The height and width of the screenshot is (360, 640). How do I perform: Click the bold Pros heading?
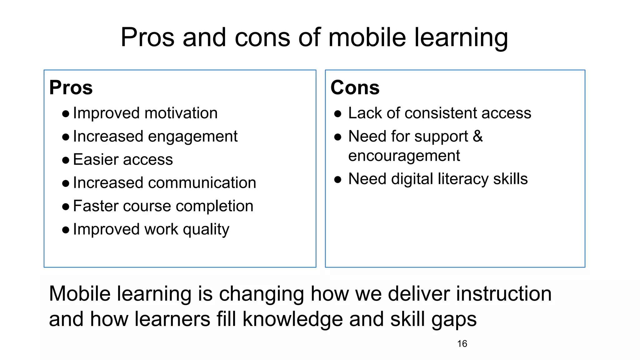[x=71, y=87]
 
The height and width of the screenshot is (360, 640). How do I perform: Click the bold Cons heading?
[x=355, y=87]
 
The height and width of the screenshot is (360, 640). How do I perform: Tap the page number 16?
[x=462, y=344]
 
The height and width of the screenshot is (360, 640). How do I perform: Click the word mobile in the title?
[x=367, y=37]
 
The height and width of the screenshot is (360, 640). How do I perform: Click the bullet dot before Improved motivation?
[x=66, y=114]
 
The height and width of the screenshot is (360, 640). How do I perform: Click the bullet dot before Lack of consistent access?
[x=337, y=114]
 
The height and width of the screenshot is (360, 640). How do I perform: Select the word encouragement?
[x=404, y=156]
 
